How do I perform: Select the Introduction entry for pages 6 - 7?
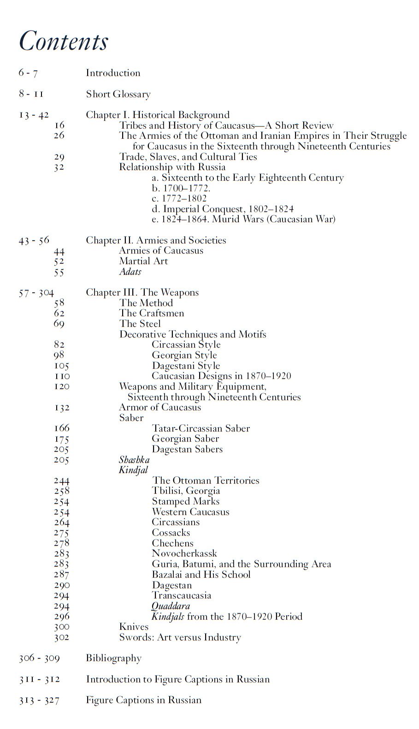click(x=113, y=73)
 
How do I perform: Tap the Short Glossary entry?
click(x=118, y=94)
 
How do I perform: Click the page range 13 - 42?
click(x=34, y=115)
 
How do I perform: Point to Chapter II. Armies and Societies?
click(x=156, y=240)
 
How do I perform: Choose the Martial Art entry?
click(x=143, y=261)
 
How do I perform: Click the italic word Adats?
click(x=130, y=272)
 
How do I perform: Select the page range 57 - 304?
click(x=36, y=293)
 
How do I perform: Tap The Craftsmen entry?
click(x=151, y=313)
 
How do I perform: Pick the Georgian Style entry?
click(x=184, y=355)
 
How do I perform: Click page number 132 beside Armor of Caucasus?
click(x=61, y=408)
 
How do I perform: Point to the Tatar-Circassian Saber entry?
click(x=201, y=428)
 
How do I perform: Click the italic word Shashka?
click(x=134, y=460)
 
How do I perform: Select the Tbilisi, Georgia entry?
click(x=186, y=491)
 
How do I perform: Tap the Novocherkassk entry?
click(x=184, y=553)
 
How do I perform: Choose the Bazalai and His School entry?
click(x=201, y=575)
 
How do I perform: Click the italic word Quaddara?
click(x=171, y=606)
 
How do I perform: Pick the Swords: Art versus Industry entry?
click(x=180, y=638)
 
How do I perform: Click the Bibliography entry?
click(x=113, y=658)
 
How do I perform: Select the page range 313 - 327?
click(x=39, y=700)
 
